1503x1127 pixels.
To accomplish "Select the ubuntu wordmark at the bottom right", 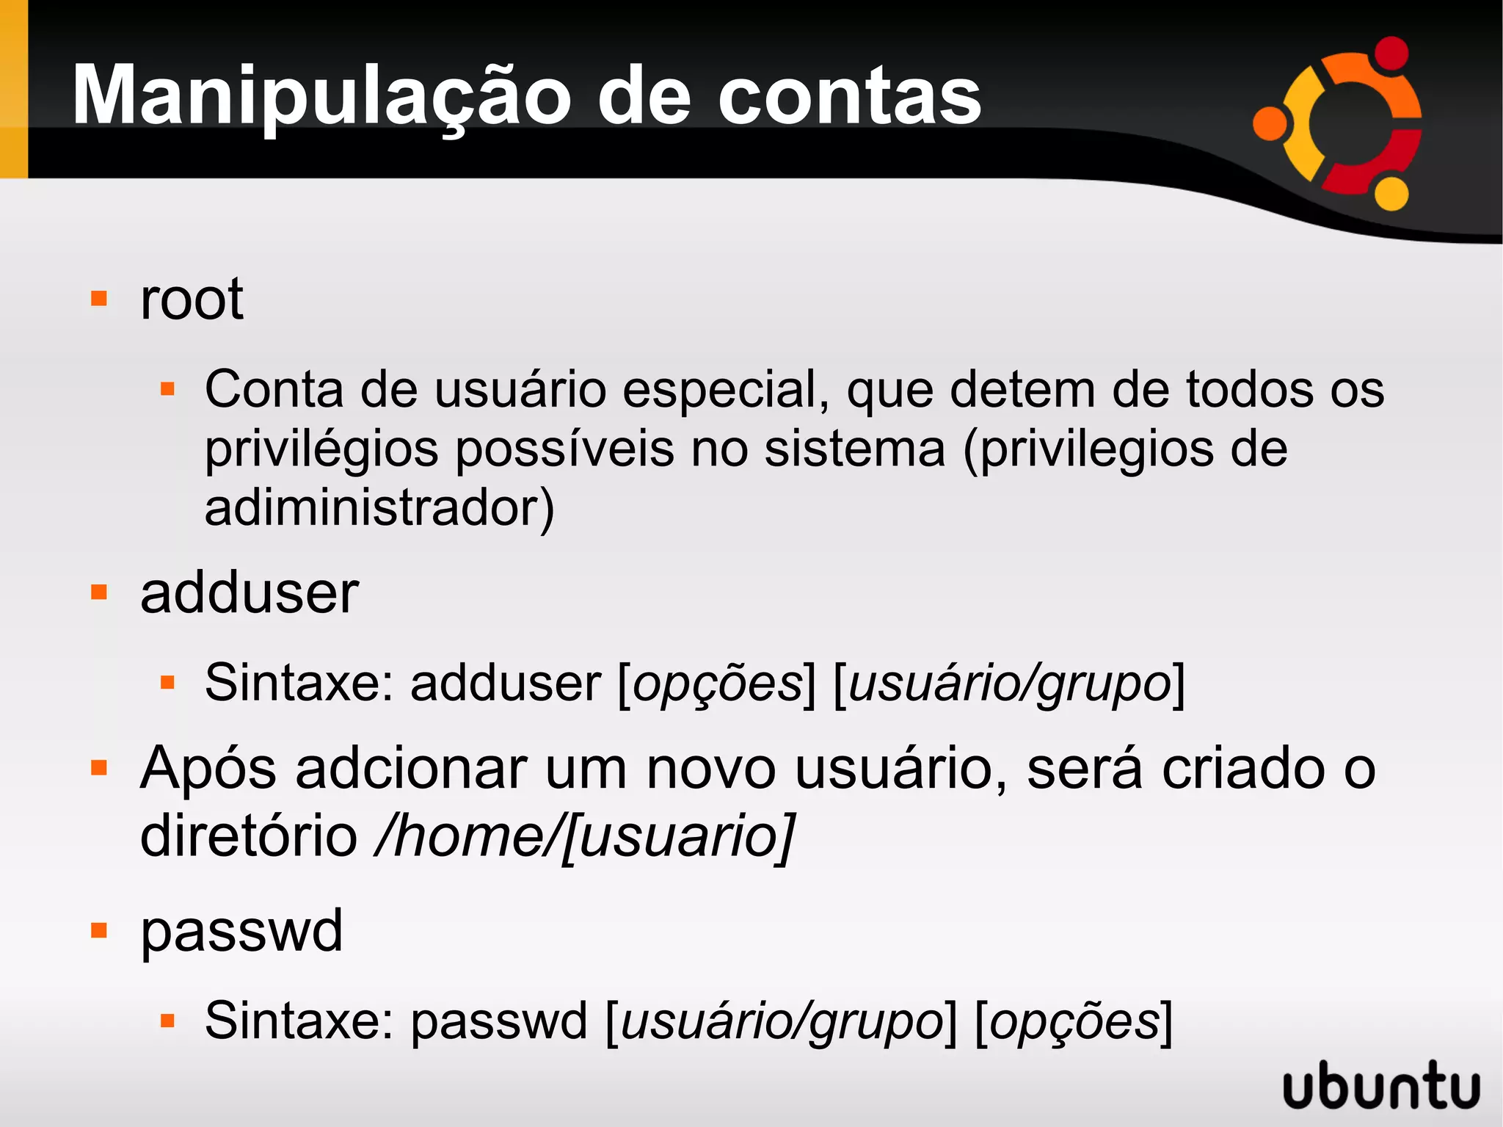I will [1381, 1085].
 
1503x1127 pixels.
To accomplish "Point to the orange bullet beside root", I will [99, 299].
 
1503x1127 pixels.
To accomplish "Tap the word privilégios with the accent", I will [321, 449].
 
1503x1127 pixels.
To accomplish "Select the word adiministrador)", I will [379, 508].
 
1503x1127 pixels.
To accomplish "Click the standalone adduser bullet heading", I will [250, 593].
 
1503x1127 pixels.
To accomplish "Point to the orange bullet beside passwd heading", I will [99, 931].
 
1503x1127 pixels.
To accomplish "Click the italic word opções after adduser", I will [718, 684].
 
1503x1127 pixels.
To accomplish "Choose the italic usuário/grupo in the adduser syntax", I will [1009, 684].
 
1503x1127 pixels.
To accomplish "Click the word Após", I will [208, 769].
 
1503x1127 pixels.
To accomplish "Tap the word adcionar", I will [411, 769].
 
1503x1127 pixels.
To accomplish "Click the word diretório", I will [249, 836].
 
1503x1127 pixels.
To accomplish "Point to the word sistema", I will [854, 449].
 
